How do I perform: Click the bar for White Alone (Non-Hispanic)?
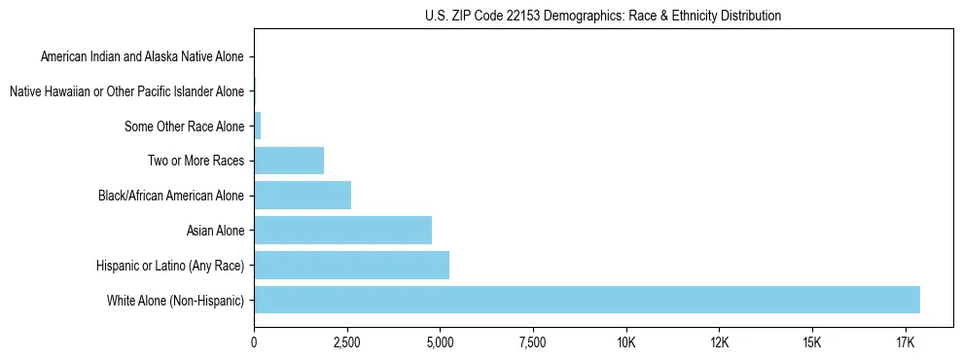pyautogui.click(x=587, y=300)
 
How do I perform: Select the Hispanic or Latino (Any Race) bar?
pyautogui.click(x=351, y=265)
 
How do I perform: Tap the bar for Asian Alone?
pyautogui.click(x=342, y=231)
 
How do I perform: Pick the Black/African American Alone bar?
pyautogui.click(x=303, y=196)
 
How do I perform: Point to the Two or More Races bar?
pyautogui.click(x=289, y=161)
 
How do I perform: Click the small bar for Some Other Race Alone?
pyautogui.click(x=258, y=126)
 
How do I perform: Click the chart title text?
pyautogui.click(x=603, y=16)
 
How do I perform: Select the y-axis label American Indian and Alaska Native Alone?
pyautogui.click(x=142, y=56)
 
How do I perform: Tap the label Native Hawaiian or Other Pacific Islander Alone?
pyautogui.click(x=126, y=91)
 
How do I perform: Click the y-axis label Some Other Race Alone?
pyautogui.click(x=184, y=126)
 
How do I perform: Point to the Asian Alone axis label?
pyautogui.click(x=215, y=231)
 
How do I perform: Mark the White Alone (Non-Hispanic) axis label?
pyautogui.click(x=175, y=301)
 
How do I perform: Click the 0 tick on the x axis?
pyautogui.click(x=254, y=342)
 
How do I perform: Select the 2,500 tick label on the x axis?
pyautogui.click(x=347, y=342)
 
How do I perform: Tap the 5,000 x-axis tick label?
pyautogui.click(x=440, y=342)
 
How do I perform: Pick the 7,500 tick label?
pyautogui.click(x=533, y=342)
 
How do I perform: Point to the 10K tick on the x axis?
pyautogui.click(x=625, y=342)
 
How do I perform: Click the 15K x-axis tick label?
pyautogui.click(x=812, y=342)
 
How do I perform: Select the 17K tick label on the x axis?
pyautogui.click(x=905, y=342)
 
